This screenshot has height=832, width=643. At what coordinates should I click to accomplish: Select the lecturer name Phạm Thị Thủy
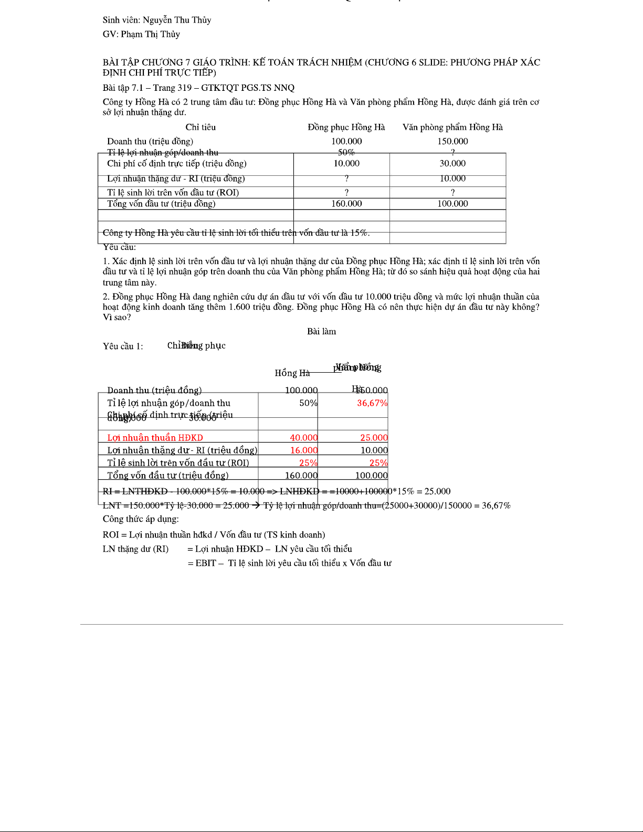pos(151,34)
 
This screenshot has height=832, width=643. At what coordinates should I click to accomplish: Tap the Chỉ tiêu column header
pos(201,127)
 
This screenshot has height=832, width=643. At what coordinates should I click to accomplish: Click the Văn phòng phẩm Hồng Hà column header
pos(452,127)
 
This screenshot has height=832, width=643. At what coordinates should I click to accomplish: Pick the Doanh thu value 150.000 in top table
pos(452,141)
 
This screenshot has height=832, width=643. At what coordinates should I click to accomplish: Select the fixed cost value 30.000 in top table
pos(452,163)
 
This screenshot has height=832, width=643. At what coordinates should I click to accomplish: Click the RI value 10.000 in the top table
pos(452,178)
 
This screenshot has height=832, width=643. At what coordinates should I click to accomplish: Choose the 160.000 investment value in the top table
pos(346,204)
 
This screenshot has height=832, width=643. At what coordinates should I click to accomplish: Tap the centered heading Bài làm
pos(321,331)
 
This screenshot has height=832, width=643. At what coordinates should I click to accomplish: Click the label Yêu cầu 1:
pos(123,346)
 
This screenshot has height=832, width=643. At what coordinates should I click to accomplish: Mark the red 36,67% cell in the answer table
pos(372,403)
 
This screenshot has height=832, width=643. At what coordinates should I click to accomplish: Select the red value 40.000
pos(304,438)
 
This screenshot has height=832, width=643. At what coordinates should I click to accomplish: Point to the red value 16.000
pos(304,450)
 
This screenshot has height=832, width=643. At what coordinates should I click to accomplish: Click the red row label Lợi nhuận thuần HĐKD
pos(155,438)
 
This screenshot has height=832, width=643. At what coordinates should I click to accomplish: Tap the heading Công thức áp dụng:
pos(141,519)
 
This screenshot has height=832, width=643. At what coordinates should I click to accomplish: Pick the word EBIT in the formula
pos(206,563)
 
